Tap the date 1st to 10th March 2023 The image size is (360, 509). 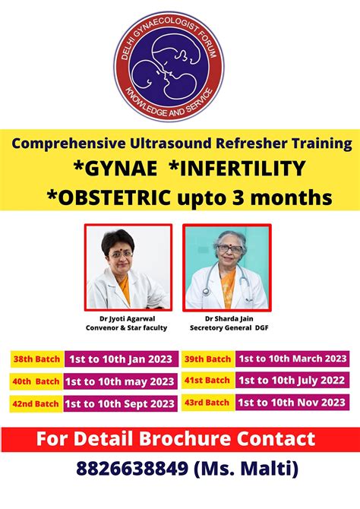(x=292, y=359)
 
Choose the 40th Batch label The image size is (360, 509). (x=35, y=381)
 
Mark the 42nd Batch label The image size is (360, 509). (x=35, y=403)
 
